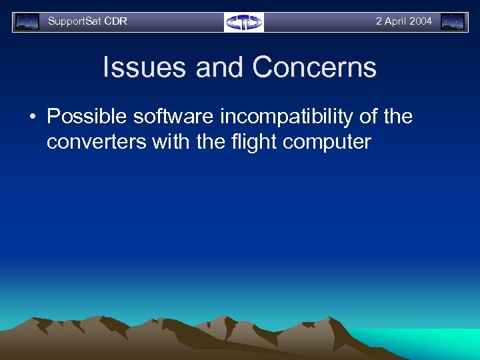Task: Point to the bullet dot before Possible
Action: tap(32, 117)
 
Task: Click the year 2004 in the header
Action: tap(421, 21)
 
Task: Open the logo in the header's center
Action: tap(244, 22)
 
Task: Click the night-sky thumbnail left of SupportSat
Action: tap(27, 22)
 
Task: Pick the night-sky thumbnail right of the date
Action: tap(453, 22)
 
